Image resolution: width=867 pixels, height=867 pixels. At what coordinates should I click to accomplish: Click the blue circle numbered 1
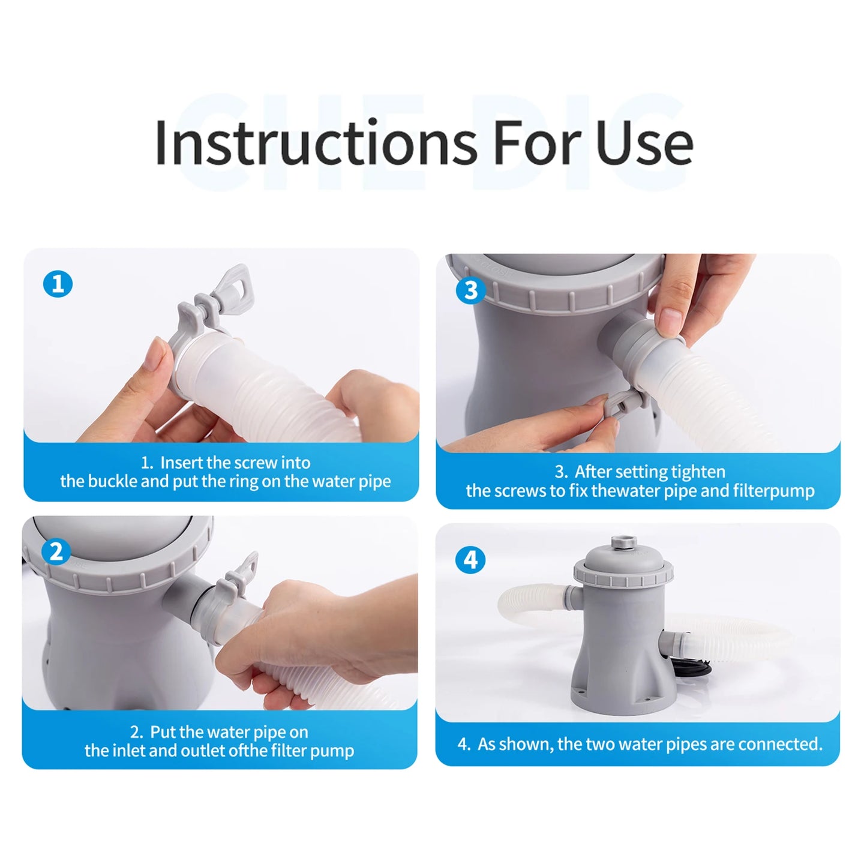point(58,284)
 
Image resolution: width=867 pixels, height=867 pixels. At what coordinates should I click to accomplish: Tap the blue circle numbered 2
point(56,551)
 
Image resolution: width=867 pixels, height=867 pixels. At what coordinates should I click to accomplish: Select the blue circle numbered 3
point(471,290)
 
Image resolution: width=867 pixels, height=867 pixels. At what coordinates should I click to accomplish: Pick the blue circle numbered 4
point(471,560)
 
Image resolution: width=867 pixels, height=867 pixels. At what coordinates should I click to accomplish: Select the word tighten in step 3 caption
point(698,472)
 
